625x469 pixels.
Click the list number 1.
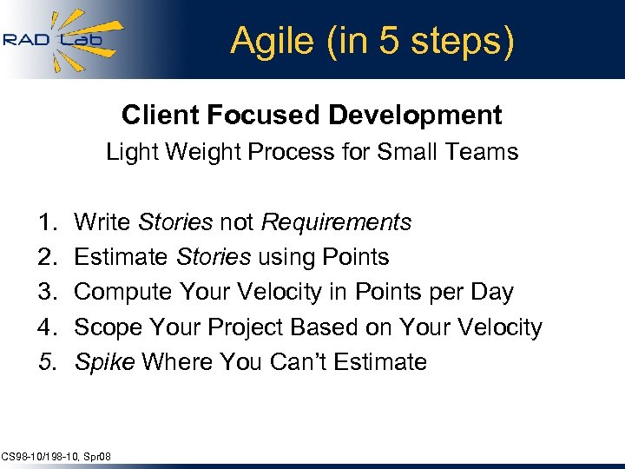[x=47, y=222]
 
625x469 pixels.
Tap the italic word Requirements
[x=336, y=222]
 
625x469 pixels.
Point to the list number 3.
[x=47, y=292]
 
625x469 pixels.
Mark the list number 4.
[x=47, y=327]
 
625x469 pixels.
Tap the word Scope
[x=106, y=327]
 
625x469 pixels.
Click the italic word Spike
[x=104, y=362]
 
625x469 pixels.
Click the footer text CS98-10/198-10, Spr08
[x=56, y=456]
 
